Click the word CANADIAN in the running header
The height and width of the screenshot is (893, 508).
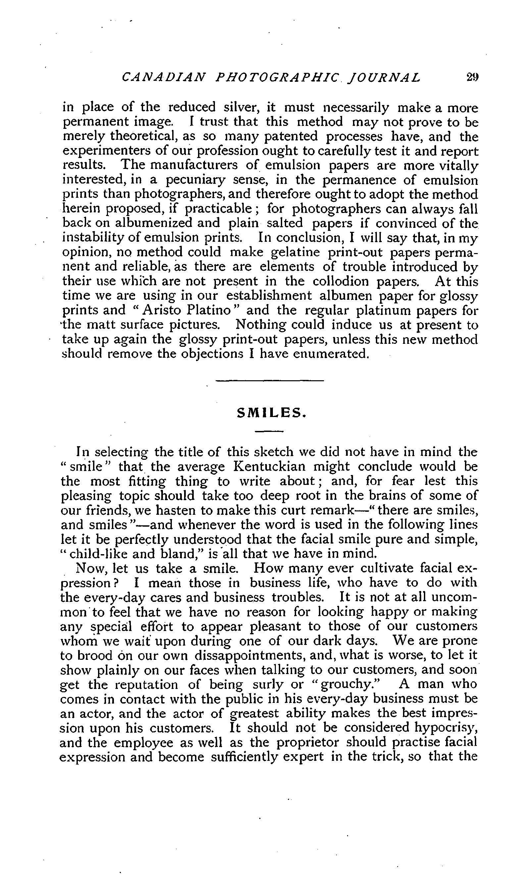164,77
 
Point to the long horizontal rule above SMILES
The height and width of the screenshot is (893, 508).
270,380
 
